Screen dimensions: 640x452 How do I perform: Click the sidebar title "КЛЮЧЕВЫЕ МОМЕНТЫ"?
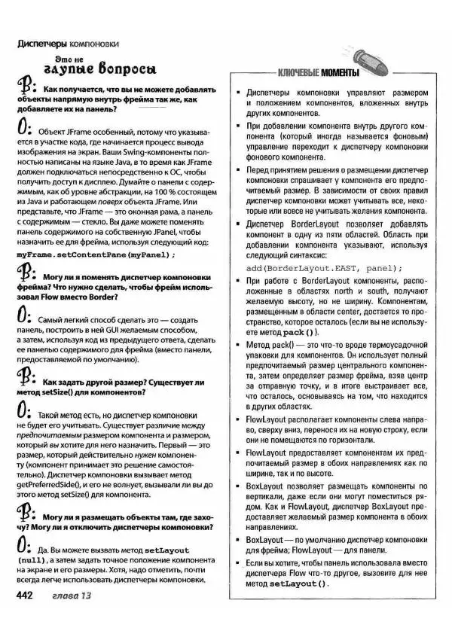(318, 74)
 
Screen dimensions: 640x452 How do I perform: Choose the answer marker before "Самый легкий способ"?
(25, 315)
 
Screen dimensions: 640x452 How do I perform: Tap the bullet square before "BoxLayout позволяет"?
(238, 487)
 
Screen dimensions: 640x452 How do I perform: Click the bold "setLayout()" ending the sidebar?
(299, 584)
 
